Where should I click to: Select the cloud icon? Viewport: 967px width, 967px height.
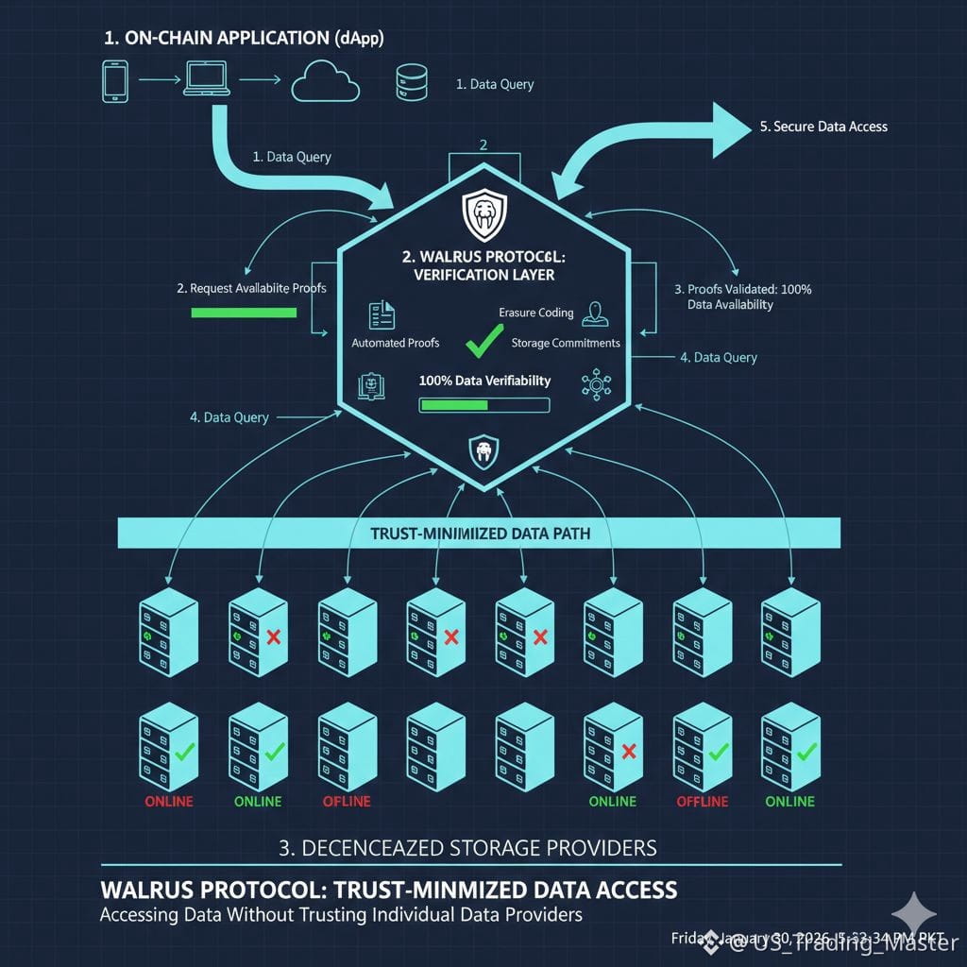[325, 83]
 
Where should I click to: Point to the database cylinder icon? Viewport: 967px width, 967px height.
[408, 83]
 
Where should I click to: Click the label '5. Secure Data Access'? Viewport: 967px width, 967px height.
[823, 127]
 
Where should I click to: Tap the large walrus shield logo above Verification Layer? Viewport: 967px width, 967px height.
[484, 215]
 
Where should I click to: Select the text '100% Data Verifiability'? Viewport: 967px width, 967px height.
[483, 382]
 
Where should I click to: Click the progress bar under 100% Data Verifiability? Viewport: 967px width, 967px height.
[483, 405]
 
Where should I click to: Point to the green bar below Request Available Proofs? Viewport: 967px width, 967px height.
[244, 312]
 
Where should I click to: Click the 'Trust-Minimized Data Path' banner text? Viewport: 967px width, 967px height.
[480, 534]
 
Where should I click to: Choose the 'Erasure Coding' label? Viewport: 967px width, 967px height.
[535, 313]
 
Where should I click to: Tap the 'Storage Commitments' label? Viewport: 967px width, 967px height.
[566, 343]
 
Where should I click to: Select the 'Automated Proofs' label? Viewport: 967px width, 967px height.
[395, 343]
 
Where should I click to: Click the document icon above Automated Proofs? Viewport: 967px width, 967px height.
[381, 314]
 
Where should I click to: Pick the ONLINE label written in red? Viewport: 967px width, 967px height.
[169, 801]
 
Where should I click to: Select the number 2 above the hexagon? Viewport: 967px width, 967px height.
[483, 145]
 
